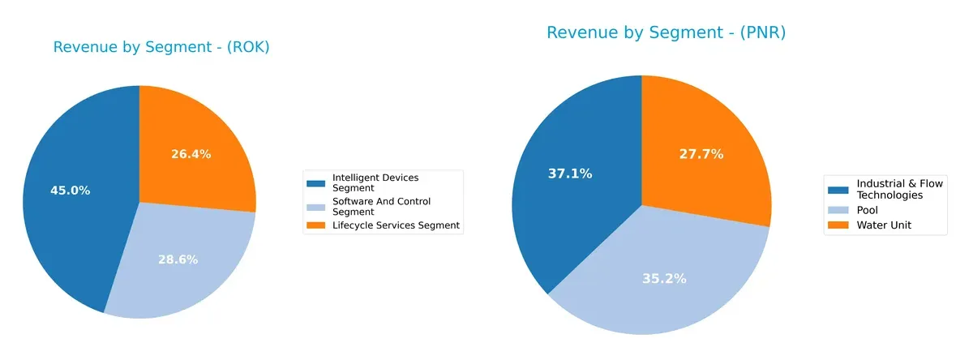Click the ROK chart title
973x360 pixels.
(161, 48)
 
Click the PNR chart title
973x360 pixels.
(666, 33)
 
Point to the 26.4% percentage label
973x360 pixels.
(191, 154)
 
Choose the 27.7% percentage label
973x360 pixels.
(701, 153)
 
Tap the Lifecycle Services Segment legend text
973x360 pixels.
(396, 225)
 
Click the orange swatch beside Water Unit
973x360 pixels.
(839, 225)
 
